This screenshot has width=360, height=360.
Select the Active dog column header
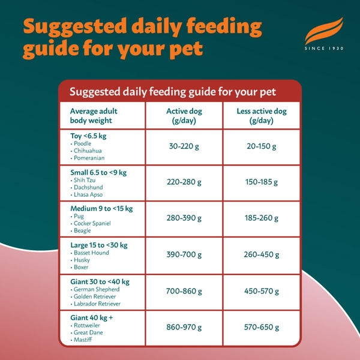click(x=184, y=116)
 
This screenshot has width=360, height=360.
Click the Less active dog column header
click(x=261, y=116)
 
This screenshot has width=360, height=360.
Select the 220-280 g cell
click(x=184, y=182)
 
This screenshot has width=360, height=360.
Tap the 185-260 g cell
click(x=261, y=218)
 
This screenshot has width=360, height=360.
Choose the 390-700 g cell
click(x=184, y=254)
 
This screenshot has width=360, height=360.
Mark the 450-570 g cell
click(x=261, y=291)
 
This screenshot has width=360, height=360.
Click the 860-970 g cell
click(x=184, y=328)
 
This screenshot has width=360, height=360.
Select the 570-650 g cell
click(x=261, y=328)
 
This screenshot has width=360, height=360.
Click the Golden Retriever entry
click(x=95, y=296)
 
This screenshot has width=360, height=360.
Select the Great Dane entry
click(x=88, y=332)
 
